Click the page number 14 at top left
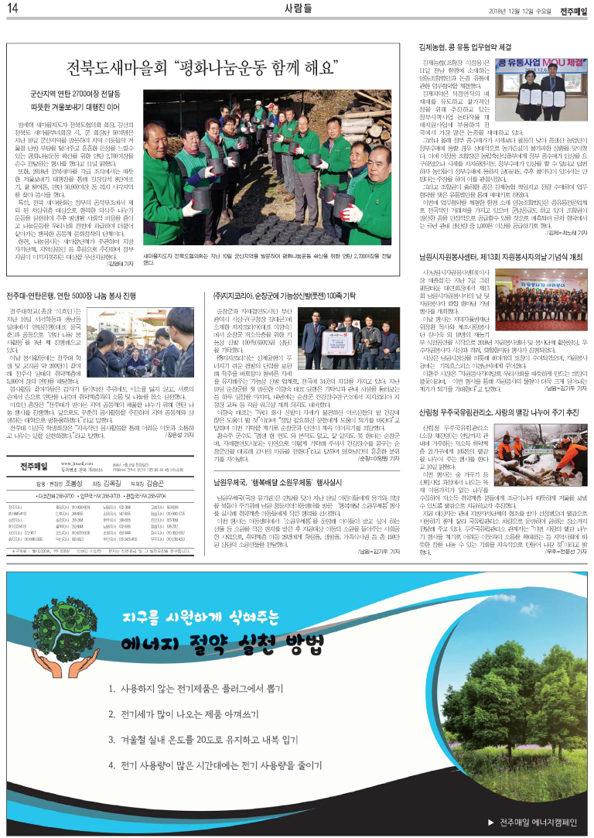coord(12,8)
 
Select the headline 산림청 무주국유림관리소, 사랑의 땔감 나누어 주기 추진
coord(499,413)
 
